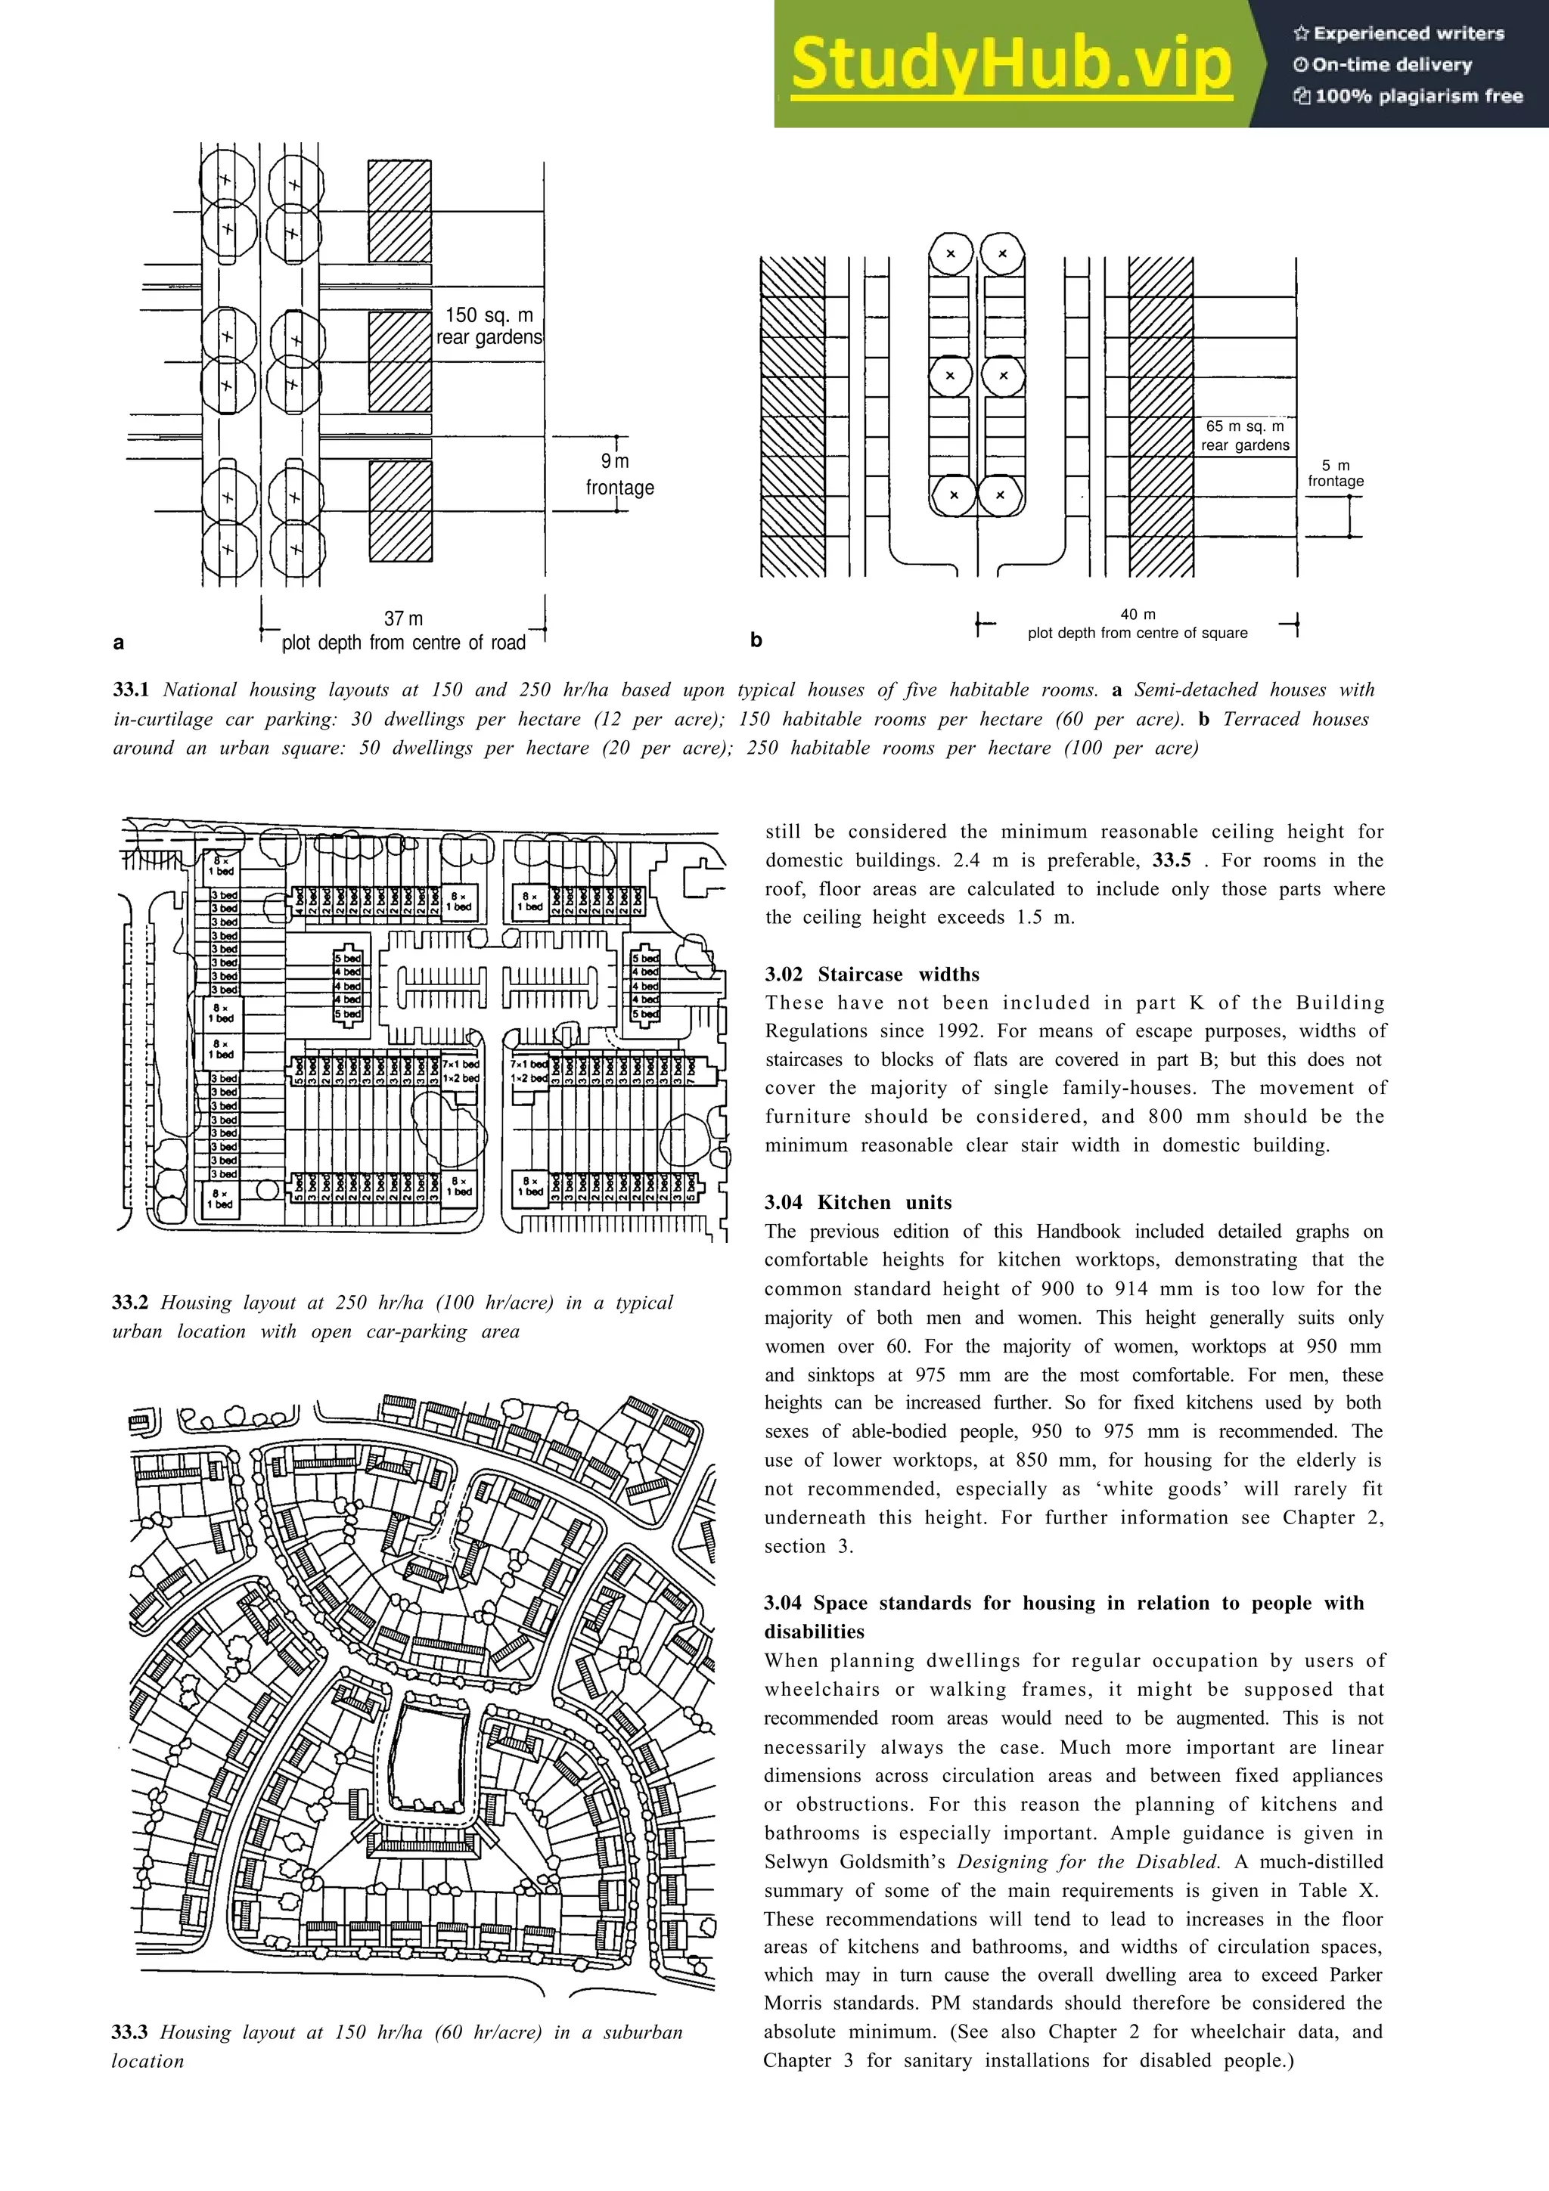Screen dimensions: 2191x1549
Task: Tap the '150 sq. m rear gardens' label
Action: pos(489,325)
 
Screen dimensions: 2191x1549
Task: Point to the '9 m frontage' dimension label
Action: pos(619,474)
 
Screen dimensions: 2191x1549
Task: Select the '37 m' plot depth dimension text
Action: pos(403,618)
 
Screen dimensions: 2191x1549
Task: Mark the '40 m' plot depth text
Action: pos(1138,615)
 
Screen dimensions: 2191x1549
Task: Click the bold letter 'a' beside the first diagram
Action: pos(118,642)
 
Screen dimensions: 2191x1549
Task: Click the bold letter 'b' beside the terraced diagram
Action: pos(756,640)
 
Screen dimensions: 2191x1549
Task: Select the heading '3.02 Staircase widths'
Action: pos(871,975)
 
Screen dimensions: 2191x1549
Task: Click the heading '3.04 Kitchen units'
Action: pos(857,1202)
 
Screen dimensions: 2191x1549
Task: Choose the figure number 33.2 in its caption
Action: pos(130,1303)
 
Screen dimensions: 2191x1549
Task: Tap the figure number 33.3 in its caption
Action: pos(130,2032)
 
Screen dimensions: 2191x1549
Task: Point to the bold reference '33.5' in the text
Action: pos(1171,860)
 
